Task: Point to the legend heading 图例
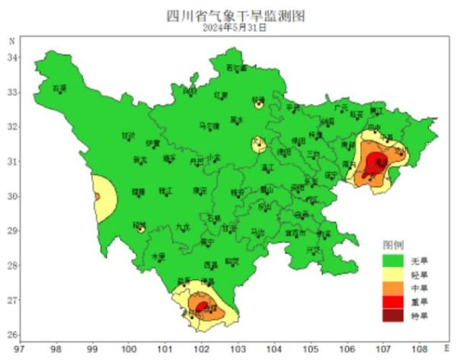392,246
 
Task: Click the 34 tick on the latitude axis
13,59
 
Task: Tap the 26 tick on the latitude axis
13,335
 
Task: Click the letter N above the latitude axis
11,40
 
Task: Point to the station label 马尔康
208,126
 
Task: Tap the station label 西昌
211,264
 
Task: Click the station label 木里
158,256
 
